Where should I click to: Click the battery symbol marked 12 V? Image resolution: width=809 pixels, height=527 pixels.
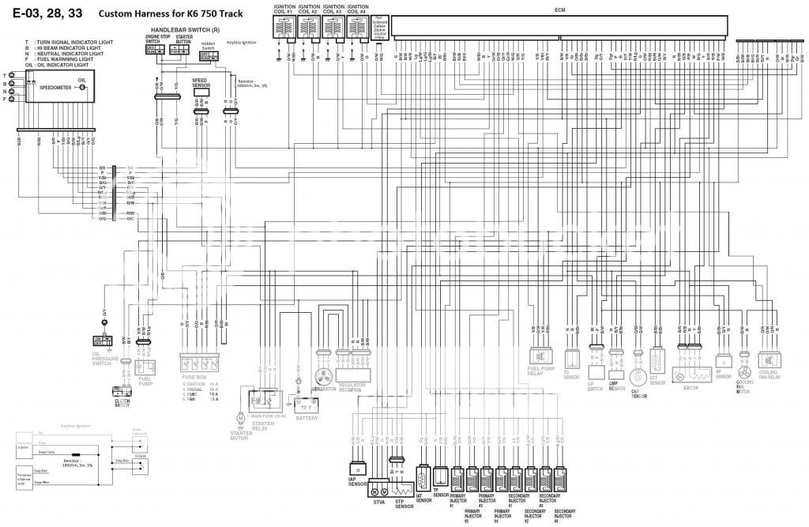point(306,405)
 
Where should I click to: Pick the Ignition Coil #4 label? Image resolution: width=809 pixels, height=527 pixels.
point(359,10)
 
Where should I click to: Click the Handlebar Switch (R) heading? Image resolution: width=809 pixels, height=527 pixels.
point(186,29)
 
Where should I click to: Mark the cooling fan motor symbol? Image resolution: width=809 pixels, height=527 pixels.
point(744,371)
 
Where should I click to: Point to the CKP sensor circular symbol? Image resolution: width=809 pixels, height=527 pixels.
point(637,376)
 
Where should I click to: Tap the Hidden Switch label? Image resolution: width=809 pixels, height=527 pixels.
point(208,45)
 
